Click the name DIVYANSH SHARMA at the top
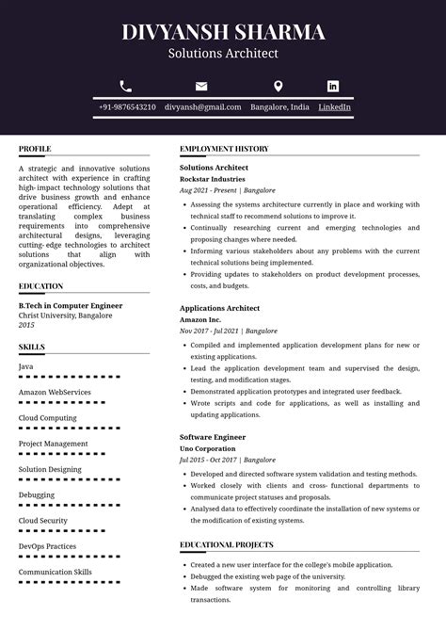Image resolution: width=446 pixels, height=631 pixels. pos(223,32)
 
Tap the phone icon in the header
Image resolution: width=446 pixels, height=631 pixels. pos(126,86)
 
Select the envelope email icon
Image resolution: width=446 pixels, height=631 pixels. pos(201,86)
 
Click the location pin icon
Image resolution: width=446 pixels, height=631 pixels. pos(279,86)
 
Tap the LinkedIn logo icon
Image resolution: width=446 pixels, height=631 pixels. pos(333,86)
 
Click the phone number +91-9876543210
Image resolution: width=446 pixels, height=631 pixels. pos(127,107)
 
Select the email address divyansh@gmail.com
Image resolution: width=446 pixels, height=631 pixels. pos(202,107)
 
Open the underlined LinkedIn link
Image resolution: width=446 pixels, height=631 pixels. pos(334,107)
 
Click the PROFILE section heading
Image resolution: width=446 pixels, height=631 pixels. pos(35,149)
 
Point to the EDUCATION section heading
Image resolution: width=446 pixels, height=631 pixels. pos(41,286)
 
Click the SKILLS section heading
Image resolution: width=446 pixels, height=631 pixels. pos(32,348)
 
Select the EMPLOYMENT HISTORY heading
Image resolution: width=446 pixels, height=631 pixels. pos(224,149)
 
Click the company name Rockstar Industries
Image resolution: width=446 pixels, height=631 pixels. pos(213,179)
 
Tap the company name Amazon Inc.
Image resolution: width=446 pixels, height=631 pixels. pos(200,320)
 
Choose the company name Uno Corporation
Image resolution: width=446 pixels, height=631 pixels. pos(208,449)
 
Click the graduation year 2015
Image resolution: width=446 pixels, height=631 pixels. pos(26,326)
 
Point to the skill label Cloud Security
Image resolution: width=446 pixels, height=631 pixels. pos(43,521)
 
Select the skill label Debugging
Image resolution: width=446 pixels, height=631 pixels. pos(37,495)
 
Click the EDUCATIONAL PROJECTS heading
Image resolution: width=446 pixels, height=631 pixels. pos(227,544)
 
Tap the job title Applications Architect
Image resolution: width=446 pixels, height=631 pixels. pos(219,309)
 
